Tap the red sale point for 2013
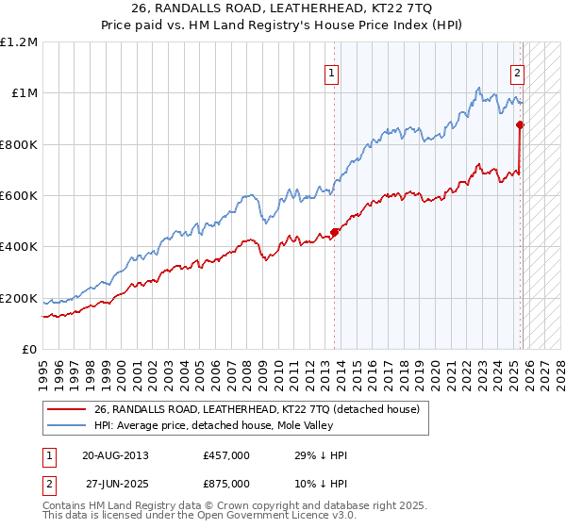335,232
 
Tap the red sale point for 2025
520,124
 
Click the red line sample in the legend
66,409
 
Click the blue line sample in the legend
66,426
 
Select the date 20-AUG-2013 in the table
115,455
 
